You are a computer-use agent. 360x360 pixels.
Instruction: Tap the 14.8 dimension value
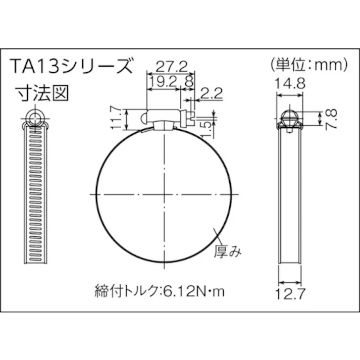coord(290,84)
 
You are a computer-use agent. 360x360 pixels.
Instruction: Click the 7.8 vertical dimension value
coord(330,119)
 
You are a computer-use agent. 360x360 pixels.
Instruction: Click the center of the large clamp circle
coord(165,194)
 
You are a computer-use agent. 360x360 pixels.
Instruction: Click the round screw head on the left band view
coord(35,118)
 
